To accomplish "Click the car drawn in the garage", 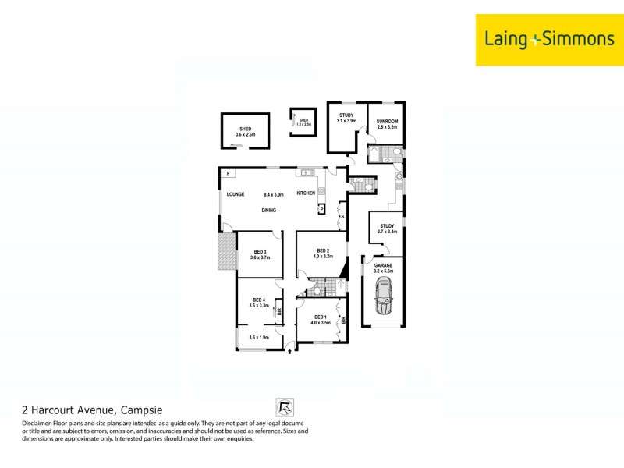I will (x=383, y=297).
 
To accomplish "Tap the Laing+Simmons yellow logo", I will (x=549, y=39).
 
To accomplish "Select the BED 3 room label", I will (x=260, y=251).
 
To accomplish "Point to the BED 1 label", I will (x=321, y=316).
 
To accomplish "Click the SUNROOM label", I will (x=388, y=122).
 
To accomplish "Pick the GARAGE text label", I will (x=383, y=265).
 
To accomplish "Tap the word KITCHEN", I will (x=306, y=193).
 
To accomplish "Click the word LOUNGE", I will (x=236, y=194).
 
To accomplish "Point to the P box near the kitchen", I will (x=321, y=209).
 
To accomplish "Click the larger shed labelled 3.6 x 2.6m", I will (x=246, y=132).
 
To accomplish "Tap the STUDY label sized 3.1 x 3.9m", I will (x=346, y=115).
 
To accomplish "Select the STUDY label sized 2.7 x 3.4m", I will (x=387, y=226).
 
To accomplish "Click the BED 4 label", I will (x=259, y=300).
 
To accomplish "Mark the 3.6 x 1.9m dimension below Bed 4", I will (x=259, y=337).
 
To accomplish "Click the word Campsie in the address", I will (x=141, y=409).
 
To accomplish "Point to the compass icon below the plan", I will (x=284, y=407).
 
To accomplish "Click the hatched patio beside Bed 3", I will (x=226, y=253).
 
